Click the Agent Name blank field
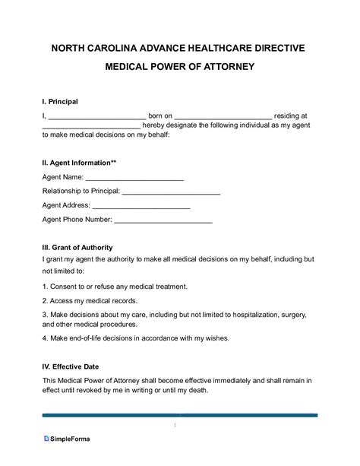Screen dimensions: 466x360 click(135, 179)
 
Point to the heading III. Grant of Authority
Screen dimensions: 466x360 click(77, 248)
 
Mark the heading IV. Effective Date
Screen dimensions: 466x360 click(71, 364)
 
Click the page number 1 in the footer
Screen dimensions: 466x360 click(175, 425)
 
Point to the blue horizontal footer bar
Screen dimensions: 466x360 click(180, 416)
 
